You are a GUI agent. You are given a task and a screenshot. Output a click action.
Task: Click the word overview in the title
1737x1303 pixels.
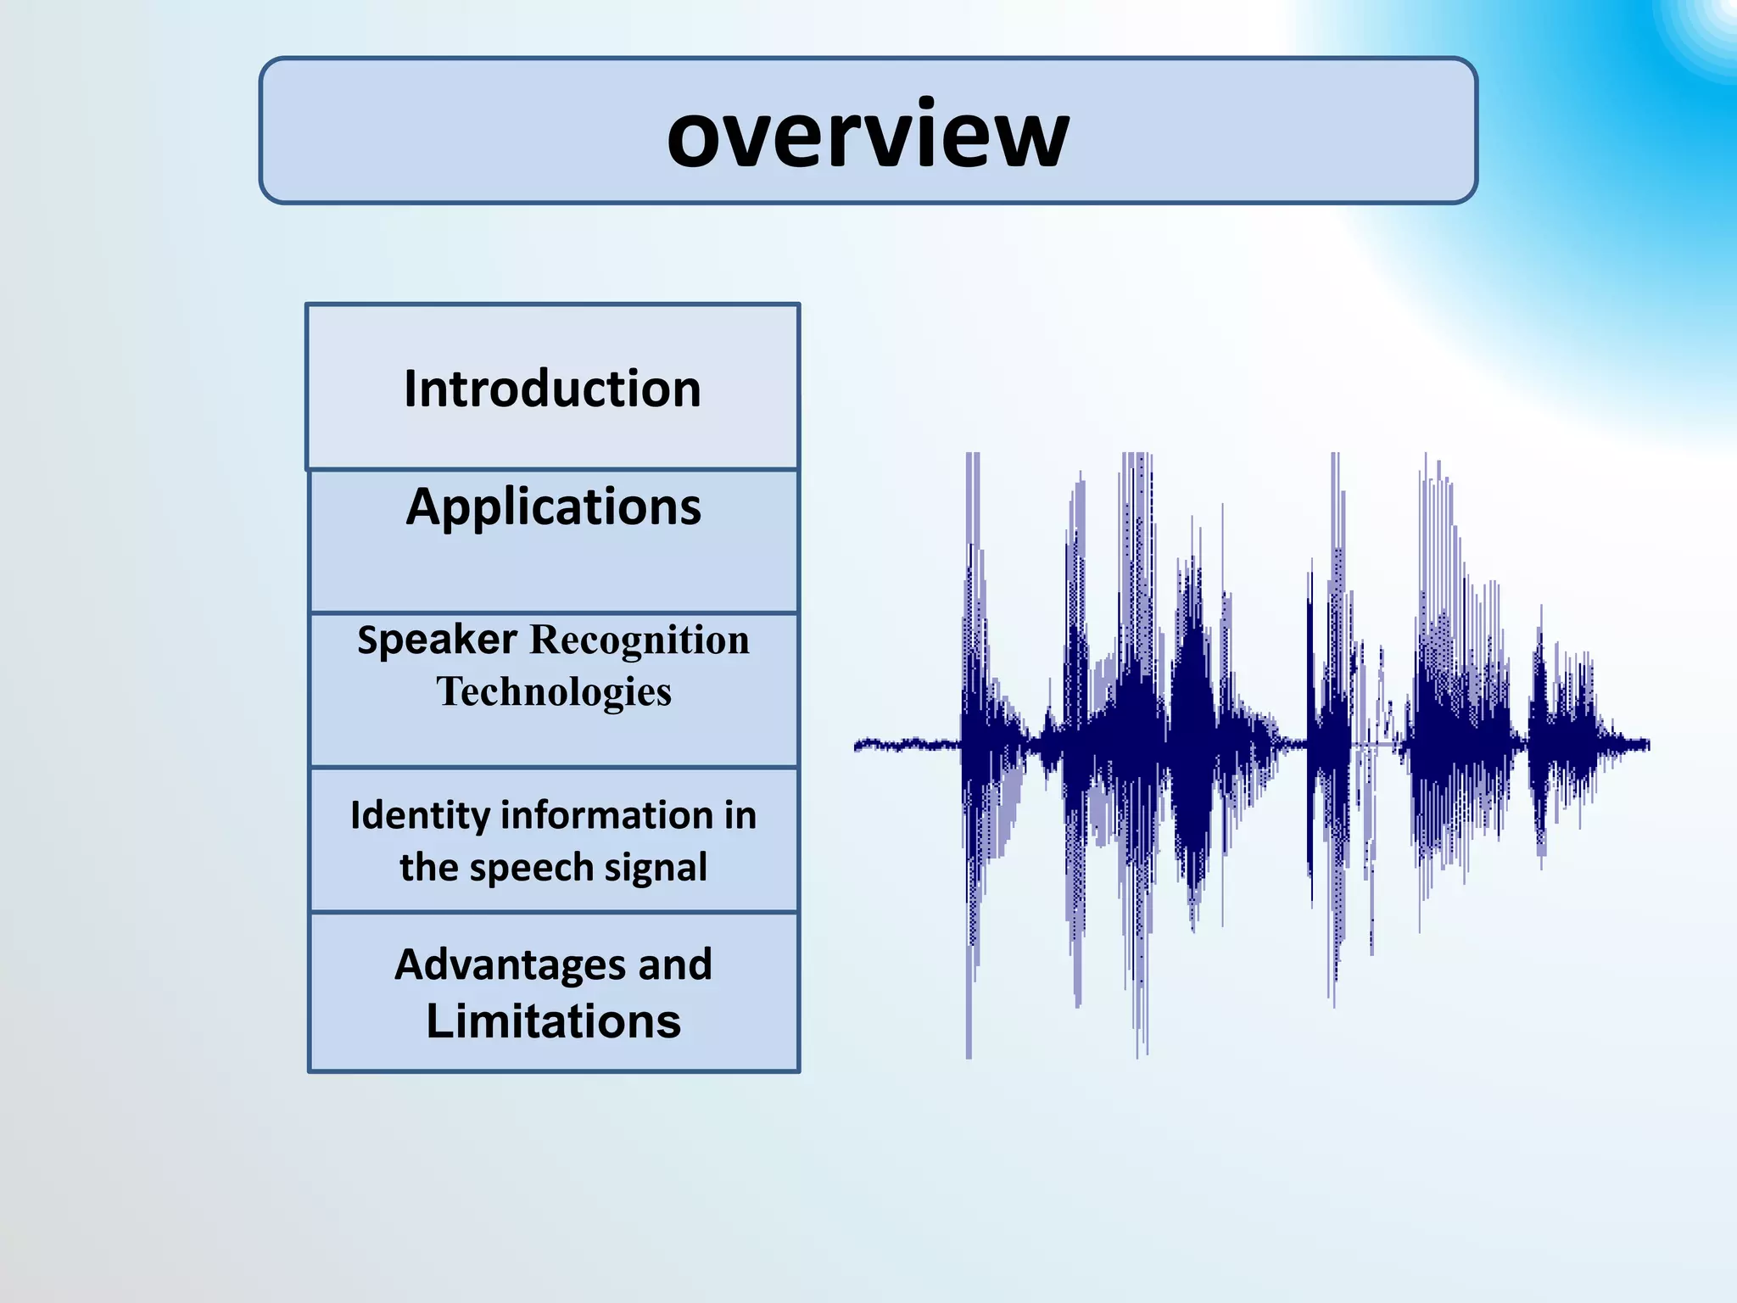[868, 134]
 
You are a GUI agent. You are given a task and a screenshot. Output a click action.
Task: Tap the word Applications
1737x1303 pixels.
[553, 507]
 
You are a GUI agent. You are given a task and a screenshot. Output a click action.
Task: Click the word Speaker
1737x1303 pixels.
[437, 640]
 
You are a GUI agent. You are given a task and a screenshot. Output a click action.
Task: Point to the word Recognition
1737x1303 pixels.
[640, 640]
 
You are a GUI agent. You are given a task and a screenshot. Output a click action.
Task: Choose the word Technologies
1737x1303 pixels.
[553, 691]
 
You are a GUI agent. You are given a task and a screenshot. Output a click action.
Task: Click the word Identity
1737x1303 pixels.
[420, 816]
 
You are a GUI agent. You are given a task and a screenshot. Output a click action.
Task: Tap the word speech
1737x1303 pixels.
[532, 868]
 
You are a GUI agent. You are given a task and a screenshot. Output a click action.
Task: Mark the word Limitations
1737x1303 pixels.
[553, 1021]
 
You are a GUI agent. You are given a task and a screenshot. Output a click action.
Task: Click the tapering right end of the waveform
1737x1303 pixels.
[1628, 745]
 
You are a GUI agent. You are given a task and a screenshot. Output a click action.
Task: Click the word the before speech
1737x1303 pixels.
[427, 868]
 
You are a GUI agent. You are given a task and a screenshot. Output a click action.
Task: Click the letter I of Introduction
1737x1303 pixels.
[410, 389]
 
